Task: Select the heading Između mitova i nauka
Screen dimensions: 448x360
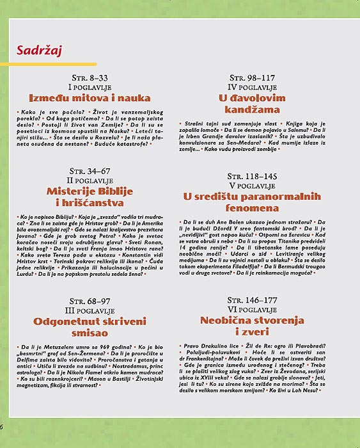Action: [90, 98]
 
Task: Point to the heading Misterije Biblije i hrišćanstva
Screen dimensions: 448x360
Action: [89, 197]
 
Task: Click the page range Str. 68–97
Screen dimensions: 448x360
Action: [89, 300]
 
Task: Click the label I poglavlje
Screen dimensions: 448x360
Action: [90, 86]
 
